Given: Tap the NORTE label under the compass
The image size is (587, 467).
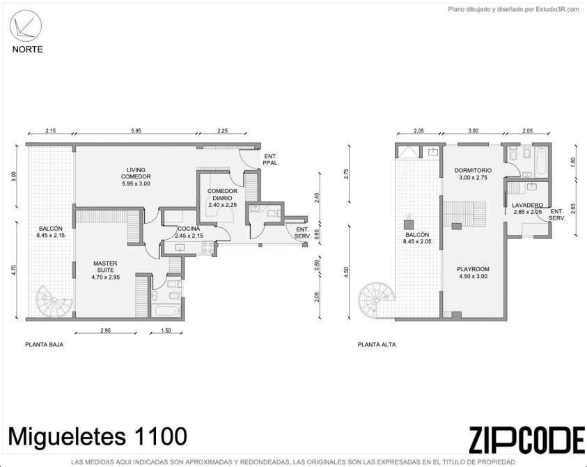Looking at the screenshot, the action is tap(27, 49).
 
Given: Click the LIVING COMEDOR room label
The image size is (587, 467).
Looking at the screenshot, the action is tap(136, 173).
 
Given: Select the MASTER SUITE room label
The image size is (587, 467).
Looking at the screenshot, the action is tap(106, 266).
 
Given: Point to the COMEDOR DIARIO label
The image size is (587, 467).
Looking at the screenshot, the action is tap(222, 194).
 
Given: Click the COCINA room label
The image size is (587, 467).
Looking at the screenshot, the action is tap(189, 229).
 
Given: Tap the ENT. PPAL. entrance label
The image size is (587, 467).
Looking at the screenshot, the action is tap(272, 160).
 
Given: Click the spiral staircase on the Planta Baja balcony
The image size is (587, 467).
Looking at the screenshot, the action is tap(54, 301).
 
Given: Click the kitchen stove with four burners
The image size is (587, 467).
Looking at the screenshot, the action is tap(208, 247).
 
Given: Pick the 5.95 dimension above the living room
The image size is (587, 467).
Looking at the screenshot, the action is tap(136, 131).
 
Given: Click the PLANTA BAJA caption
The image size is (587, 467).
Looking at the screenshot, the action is tap(44, 344).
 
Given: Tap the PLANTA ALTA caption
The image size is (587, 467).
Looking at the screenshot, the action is tap(377, 344).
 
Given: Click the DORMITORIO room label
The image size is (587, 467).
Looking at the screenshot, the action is tap(473, 170).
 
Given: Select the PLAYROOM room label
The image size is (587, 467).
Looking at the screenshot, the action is tap(473, 269).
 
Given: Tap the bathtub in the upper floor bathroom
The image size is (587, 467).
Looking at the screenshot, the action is tap(540, 162).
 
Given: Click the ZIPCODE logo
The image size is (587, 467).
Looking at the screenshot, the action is tap(526, 440).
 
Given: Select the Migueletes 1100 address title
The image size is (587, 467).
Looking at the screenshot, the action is tap(97, 436).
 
